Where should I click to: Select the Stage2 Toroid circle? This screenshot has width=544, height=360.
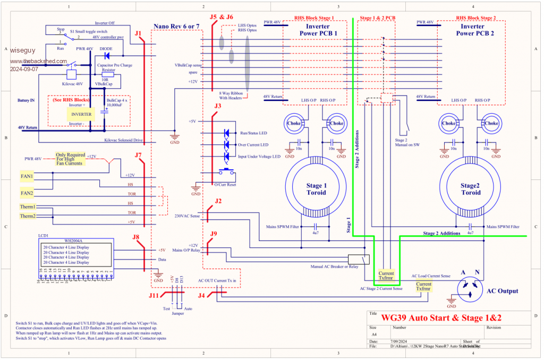click(470, 188)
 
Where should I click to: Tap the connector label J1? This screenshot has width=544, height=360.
click(139, 33)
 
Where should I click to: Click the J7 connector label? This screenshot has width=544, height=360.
click(138, 156)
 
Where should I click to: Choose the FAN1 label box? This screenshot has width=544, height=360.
click(27, 176)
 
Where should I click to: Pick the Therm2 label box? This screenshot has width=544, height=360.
click(28, 216)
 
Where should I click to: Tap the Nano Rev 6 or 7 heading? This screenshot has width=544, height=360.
click(176, 27)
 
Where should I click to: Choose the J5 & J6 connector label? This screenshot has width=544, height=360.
click(221, 16)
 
